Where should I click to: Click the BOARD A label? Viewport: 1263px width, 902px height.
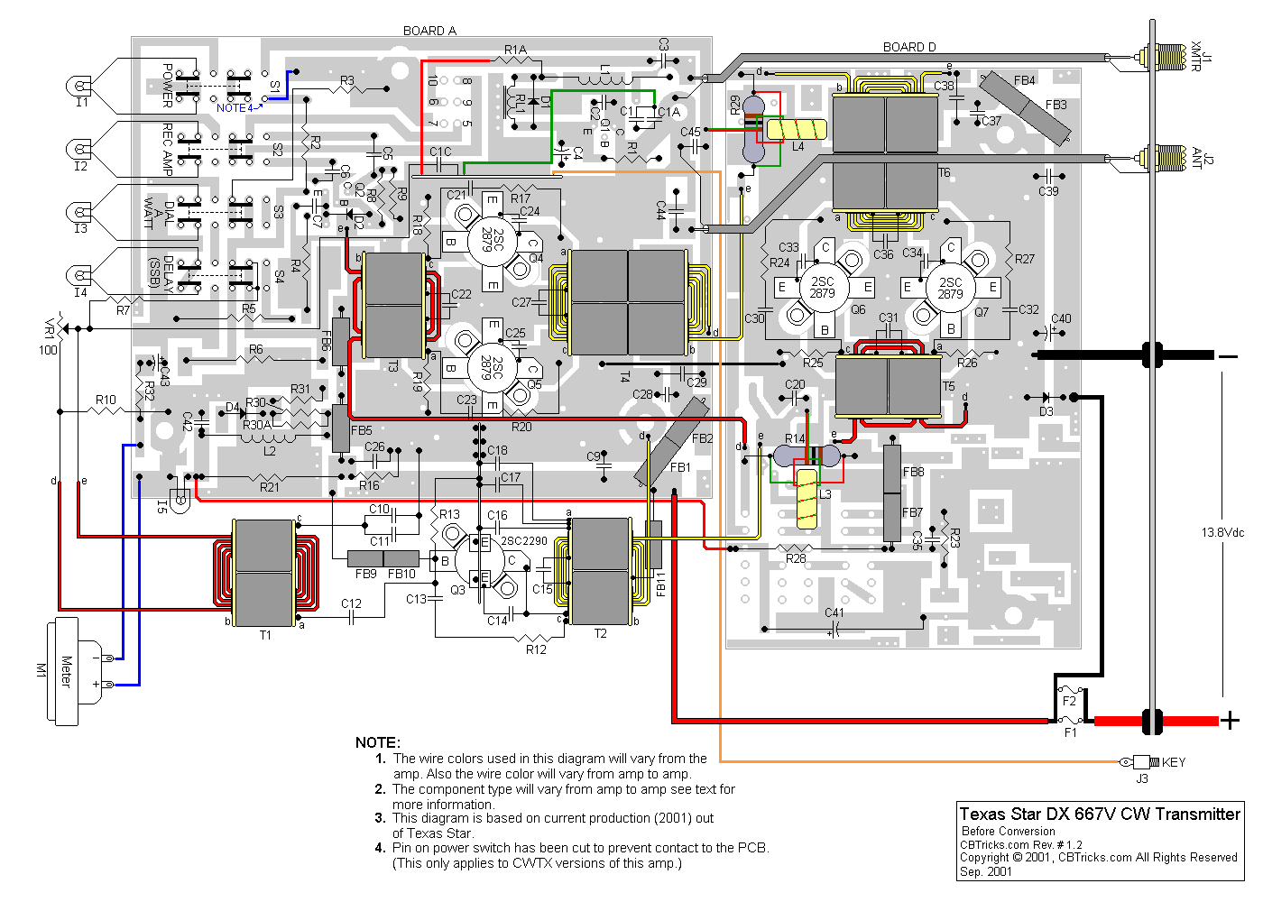tap(429, 31)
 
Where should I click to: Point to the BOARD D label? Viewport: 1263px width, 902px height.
tap(909, 47)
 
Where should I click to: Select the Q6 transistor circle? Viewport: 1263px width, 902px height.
tap(822, 288)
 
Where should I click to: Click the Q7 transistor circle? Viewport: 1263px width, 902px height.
tap(950, 288)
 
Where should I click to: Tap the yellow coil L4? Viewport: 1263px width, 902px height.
tap(797, 130)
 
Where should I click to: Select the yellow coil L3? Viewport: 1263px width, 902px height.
tap(807, 499)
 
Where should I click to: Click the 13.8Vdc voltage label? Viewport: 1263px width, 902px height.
tap(1222, 532)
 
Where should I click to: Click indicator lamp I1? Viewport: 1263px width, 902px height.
tap(80, 87)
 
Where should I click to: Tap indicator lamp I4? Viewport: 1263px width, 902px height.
tap(80, 276)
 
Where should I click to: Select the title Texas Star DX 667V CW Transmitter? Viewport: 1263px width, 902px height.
tap(1100, 814)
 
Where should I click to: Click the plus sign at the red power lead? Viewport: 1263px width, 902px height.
tap(1230, 720)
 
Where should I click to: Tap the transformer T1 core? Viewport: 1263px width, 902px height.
tap(263, 573)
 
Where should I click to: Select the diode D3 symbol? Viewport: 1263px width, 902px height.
tap(1046, 397)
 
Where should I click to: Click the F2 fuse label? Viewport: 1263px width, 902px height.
tap(1069, 701)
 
